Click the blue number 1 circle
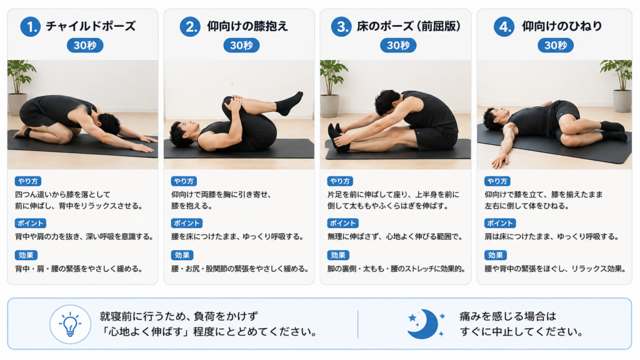click(x=31, y=26)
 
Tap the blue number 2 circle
click(x=190, y=26)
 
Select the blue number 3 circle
click(x=341, y=26)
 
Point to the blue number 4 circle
click(x=504, y=26)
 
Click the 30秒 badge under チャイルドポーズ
click(x=85, y=45)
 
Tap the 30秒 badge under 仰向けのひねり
click(x=556, y=45)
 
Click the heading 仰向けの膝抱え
click(x=247, y=26)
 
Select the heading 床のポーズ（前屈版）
click(x=409, y=26)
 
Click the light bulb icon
click(x=70, y=324)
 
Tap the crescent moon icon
click(x=424, y=324)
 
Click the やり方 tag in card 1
click(x=28, y=181)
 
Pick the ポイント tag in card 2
click(x=186, y=223)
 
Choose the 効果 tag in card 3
click(x=338, y=255)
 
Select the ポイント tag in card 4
click(x=500, y=223)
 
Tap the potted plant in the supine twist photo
click(x=619, y=86)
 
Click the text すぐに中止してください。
click(x=522, y=331)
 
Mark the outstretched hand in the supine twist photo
click(x=499, y=161)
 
